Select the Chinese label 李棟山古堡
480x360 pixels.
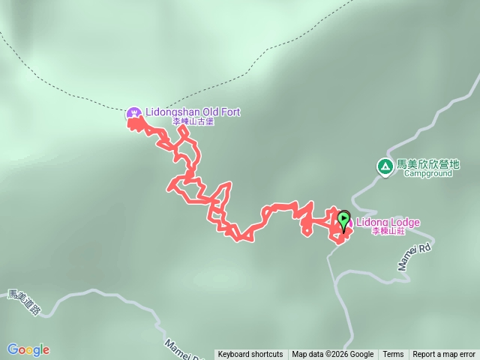(193, 122)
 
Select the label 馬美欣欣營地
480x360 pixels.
(427, 163)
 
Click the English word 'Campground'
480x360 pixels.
(427, 173)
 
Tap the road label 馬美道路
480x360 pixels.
(22, 304)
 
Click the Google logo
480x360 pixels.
(28, 349)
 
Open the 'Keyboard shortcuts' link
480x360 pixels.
(250, 355)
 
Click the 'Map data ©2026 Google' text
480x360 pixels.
(333, 355)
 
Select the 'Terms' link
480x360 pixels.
(393, 355)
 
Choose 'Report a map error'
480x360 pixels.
(444, 355)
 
